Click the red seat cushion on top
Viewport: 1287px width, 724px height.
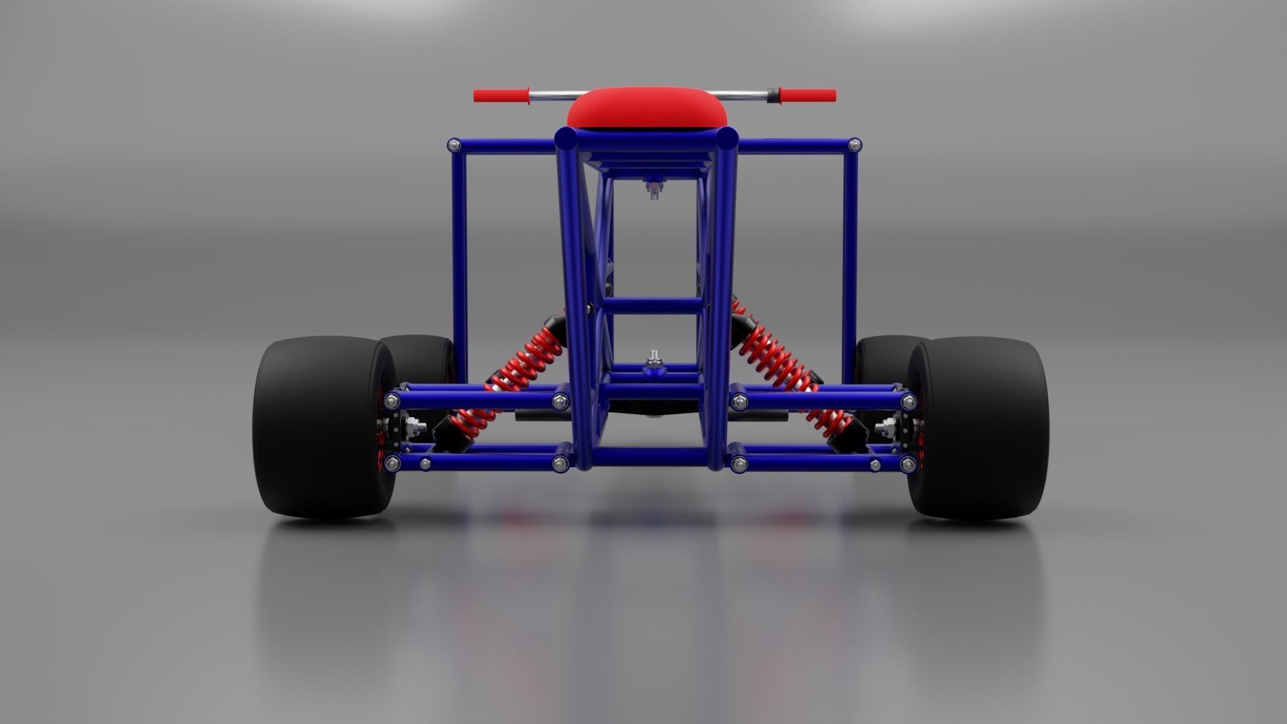tap(647, 111)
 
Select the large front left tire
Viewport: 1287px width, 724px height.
tap(318, 428)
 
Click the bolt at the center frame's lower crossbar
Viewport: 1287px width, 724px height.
tap(652, 362)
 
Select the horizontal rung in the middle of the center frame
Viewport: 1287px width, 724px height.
tap(654, 306)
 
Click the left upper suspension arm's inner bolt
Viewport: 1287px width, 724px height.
tap(559, 402)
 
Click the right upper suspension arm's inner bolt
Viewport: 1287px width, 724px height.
tap(739, 402)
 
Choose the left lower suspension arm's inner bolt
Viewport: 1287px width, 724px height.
tap(559, 463)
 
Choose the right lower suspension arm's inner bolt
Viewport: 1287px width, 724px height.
tap(739, 463)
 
